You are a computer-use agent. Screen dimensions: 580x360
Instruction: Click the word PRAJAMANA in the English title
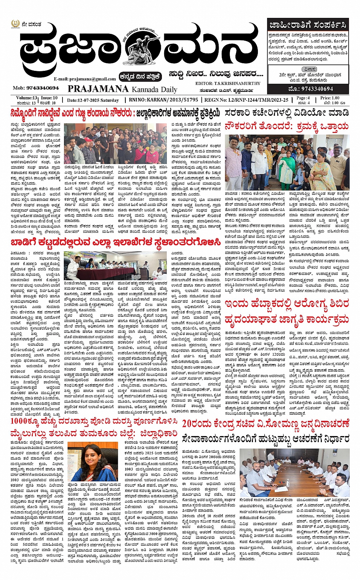pyautogui.click(x=98, y=89)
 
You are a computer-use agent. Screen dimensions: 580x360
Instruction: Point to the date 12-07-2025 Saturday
pyautogui.click(x=93, y=100)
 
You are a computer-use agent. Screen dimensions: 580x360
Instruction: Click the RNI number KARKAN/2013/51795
pyautogui.click(x=169, y=100)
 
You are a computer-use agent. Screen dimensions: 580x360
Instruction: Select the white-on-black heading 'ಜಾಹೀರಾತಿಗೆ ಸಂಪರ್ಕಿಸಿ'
pyautogui.click(x=308, y=26)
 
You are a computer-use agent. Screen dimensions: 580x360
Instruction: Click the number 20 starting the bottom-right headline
pyautogui.click(x=189, y=424)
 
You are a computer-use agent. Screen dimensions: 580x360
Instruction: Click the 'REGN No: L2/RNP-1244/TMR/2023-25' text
pyautogui.click(x=246, y=100)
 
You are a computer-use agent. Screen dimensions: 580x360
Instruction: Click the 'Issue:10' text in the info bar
pyautogui.click(x=49, y=98)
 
